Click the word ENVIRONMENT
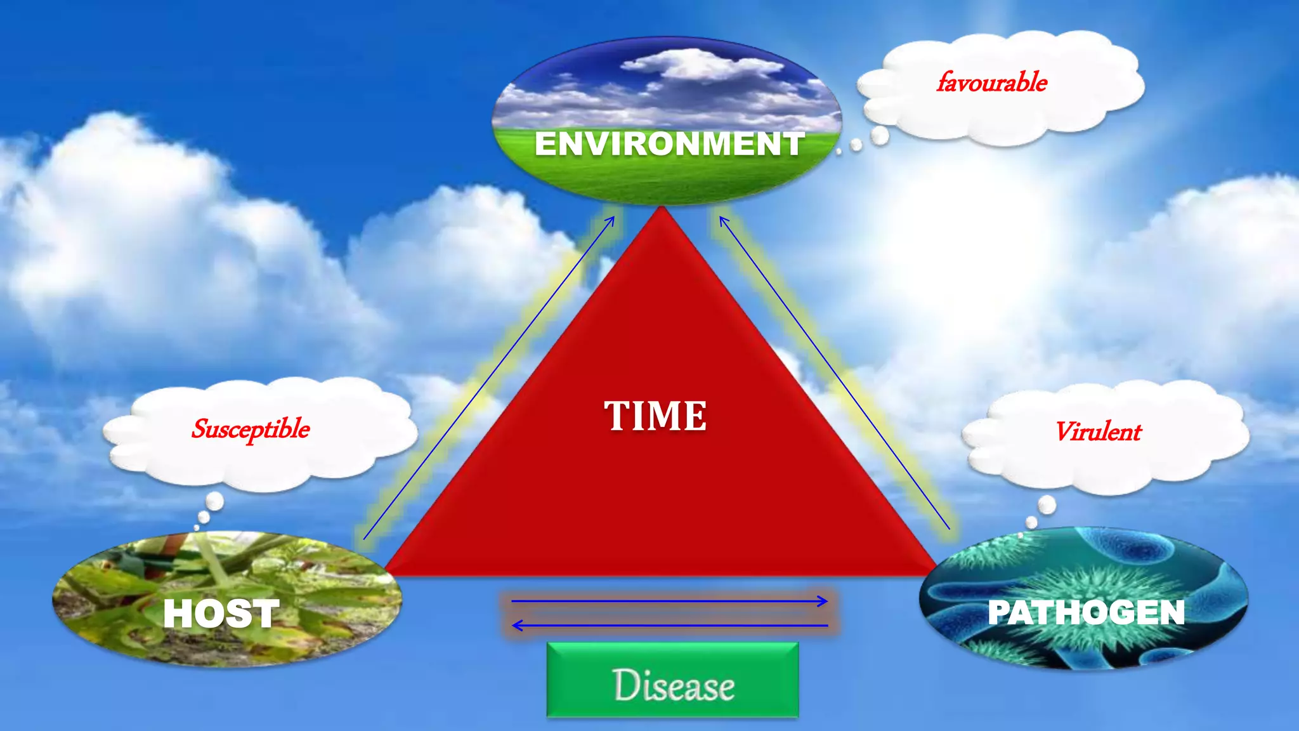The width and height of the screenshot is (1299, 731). coord(669,143)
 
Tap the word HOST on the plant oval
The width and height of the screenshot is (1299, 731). coord(221,614)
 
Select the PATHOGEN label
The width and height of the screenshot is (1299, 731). coord(1086,612)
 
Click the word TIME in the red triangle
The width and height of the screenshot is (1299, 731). coord(655,416)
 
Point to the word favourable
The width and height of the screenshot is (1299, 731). coord(991,82)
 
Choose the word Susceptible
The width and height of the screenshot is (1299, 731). coord(251,430)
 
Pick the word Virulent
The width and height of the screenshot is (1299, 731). coord(1099,432)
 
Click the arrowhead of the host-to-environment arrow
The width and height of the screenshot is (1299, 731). coord(611,220)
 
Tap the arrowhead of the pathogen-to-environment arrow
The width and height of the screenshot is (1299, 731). coord(722,220)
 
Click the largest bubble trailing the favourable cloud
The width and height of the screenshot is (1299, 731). coord(880,135)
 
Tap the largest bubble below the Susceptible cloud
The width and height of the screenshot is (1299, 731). coord(215,501)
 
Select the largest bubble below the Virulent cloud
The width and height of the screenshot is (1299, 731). coord(1047,505)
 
